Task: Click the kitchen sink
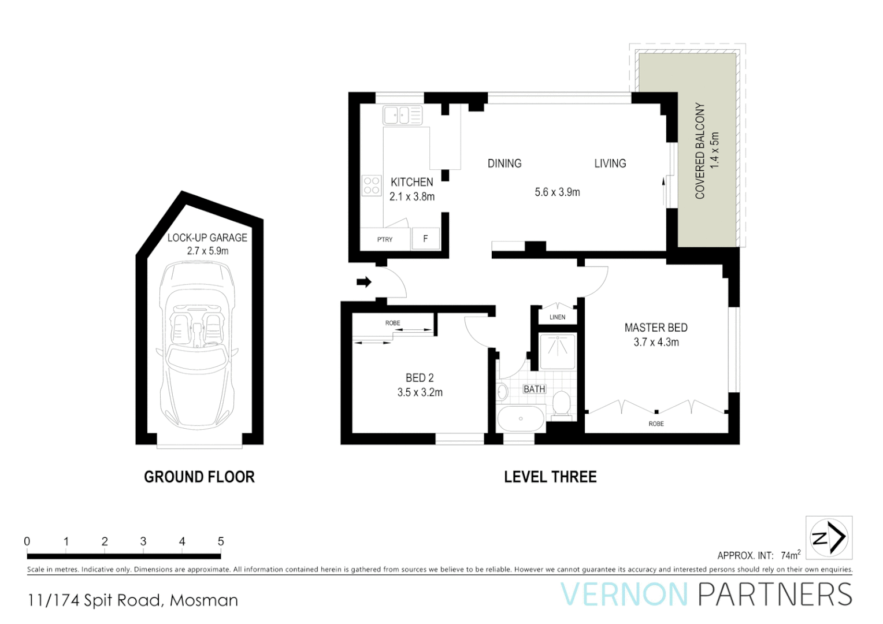(x=402, y=115)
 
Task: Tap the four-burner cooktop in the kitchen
(x=372, y=185)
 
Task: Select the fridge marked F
(x=425, y=239)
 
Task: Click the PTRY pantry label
(x=385, y=239)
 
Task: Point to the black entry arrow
(x=363, y=282)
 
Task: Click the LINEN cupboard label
(x=557, y=317)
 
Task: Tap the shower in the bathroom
(x=558, y=351)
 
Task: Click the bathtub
(x=521, y=418)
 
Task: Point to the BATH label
(x=534, y=389)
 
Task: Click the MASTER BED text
(x=656, y=328)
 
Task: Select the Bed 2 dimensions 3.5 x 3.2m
(x=420, y=392)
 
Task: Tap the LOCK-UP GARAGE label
(x=207, y=237)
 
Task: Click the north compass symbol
(x=829, y=537)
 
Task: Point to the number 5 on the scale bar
(x=221, y=541)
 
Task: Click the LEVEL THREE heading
(x=550, y=477)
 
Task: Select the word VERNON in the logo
(x=624, y=595)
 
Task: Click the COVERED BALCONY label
(x=700, y=151)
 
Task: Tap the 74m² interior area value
(x=791, y=555)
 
